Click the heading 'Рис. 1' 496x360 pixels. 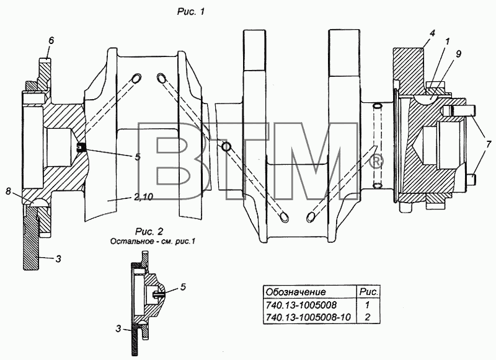191,12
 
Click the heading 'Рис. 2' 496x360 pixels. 149,232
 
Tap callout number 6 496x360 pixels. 51,40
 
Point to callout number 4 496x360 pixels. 432,33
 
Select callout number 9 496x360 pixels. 458,54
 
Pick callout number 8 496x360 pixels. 8,191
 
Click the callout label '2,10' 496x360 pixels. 143,197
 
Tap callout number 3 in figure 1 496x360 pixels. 58,259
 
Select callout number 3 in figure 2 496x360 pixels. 118,329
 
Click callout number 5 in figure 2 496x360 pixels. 183,287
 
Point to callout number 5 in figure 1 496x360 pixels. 138,157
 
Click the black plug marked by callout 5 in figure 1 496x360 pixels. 81,147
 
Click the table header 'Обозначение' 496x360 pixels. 296,292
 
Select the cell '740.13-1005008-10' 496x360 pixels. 308,317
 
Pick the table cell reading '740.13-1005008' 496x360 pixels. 301,305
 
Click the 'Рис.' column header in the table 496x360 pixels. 369,292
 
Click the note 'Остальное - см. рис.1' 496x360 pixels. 153,242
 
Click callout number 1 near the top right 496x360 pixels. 447,42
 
